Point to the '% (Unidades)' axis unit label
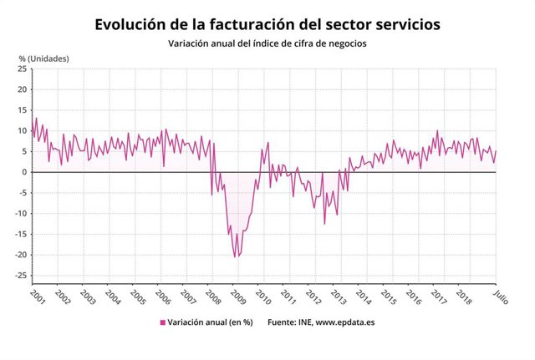tap(44, 58)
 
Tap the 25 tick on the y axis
tap(22, 68)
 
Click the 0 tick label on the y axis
tap(24, 172)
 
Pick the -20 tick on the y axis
tap(20, 255)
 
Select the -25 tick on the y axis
tap(20, 276)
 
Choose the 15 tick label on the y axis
tap(22, 110)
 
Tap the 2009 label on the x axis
tap(237, 297)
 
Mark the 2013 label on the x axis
tap(338, 297)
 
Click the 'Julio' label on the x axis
tap(498, 297)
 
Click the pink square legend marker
tap(161, 322)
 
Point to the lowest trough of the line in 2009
tap(235, 256)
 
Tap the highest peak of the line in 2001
tap(36, 118)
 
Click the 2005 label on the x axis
tap(138, 297)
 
